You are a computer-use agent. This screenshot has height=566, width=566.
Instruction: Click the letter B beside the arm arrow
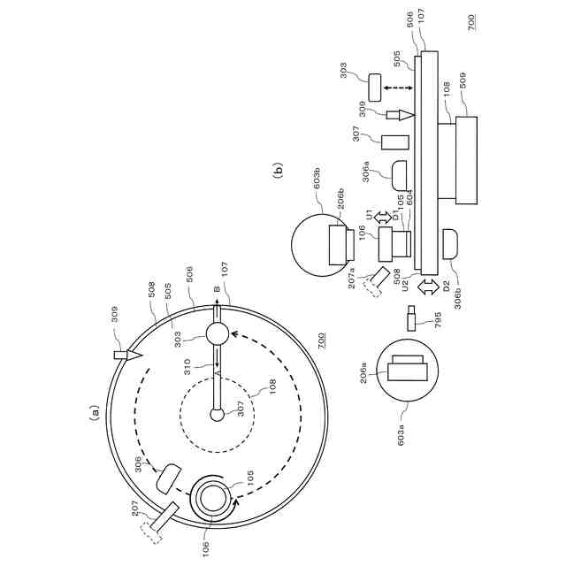point(215,289)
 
